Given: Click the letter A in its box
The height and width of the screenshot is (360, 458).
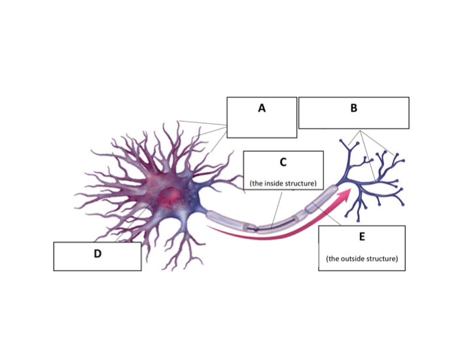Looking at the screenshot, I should (262, 109).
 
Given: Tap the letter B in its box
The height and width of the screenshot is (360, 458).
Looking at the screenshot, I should (354, 109).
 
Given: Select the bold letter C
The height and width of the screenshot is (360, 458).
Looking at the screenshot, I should (283, 162).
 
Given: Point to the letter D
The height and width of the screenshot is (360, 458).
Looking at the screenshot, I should (97, 253).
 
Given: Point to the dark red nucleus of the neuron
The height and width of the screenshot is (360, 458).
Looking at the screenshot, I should (172, 195).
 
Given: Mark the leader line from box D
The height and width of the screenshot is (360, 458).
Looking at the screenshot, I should (128, 229).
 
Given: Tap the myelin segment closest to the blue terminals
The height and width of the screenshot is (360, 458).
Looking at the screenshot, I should (325, 199).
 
